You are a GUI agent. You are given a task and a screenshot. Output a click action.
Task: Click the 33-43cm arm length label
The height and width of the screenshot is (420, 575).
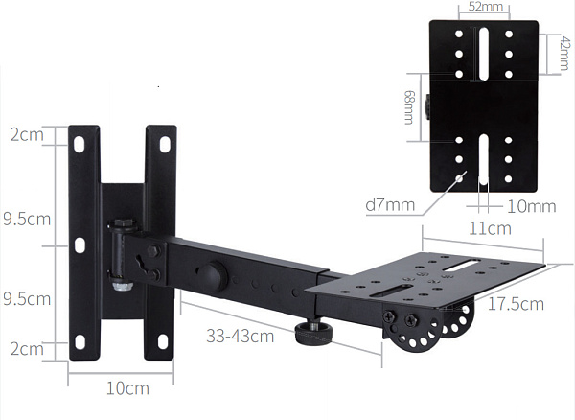pyautogui.click(x=241, y=336)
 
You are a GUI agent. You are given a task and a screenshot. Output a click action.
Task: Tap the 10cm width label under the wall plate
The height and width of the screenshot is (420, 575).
pyautogui.click(x=127, y=388)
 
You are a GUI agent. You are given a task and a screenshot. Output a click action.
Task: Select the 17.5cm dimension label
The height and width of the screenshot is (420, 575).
pyautogui.click(x=516, y=304)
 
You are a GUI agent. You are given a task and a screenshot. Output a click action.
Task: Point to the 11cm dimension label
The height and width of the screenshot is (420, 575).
pyautogui.click(x=491, y=229)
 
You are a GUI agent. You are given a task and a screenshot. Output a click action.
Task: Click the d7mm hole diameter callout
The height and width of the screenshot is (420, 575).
pyautogui.click(x=390, y=205)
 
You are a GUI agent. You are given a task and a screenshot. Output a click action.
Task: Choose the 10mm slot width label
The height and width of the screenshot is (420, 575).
pyautogui.click(x=531, y=207)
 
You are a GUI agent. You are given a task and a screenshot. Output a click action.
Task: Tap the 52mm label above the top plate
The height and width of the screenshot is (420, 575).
pyautogui.click(x=486, y=7)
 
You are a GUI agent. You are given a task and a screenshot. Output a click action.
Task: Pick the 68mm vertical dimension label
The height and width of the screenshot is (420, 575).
pyautogui.click(x=409, y=107)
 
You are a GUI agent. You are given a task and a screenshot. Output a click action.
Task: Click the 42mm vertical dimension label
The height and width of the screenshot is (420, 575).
pyautogui.click(x=564, y=54)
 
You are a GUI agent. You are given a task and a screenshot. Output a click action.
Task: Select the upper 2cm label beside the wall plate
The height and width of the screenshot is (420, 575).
pyautogui.click(x=27, y=135)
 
